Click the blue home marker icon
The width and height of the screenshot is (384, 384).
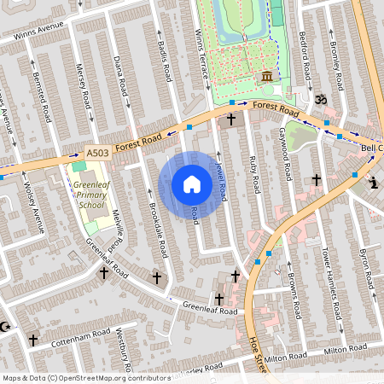tap(192, 184)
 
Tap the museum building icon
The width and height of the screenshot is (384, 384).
tap(268, 78)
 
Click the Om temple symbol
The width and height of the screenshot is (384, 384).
tap(321, 101)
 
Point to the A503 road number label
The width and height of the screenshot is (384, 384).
tap(97, 152)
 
